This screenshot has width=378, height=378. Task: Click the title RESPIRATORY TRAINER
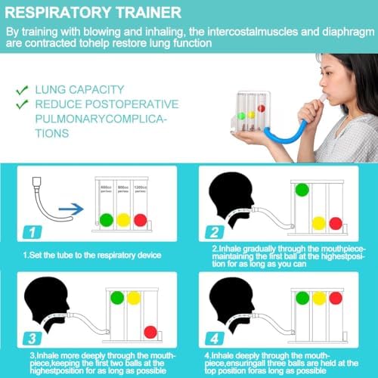(x=94, y=13)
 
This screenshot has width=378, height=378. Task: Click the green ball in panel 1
(x=106, y=221)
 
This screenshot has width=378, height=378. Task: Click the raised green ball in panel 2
(x=301, y=191)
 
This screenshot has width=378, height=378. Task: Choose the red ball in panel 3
(x=150, y=331)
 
